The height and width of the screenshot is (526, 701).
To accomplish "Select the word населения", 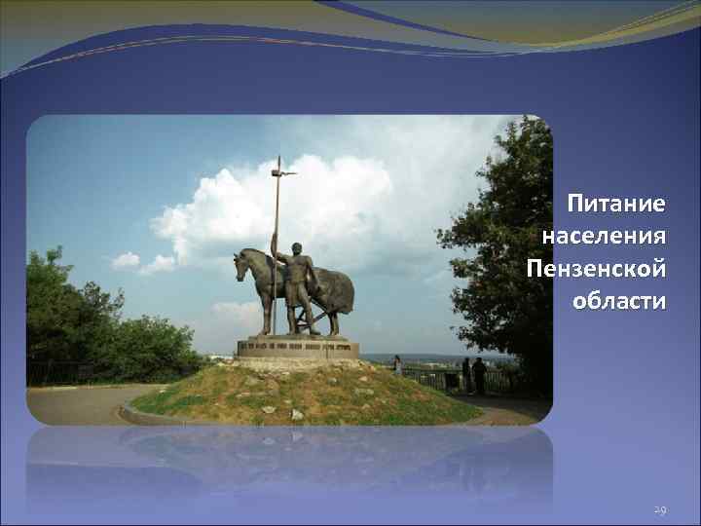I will (x=605, y=236).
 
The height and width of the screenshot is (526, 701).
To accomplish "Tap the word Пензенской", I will (x=596, y=267).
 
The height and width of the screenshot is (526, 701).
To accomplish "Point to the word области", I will (x=619, y=299).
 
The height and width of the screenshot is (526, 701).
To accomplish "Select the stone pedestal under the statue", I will (x=298, y=348).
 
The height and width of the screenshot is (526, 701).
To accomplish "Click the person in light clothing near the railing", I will (x=397, y=365).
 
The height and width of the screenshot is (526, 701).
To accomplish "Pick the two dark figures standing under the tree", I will (x=473, y=375).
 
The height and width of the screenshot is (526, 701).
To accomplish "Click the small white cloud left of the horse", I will (x=127, y=260).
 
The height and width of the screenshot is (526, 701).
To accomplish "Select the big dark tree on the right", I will (x=501, y=253).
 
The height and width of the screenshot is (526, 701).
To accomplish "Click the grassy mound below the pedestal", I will (x=302, y=394).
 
